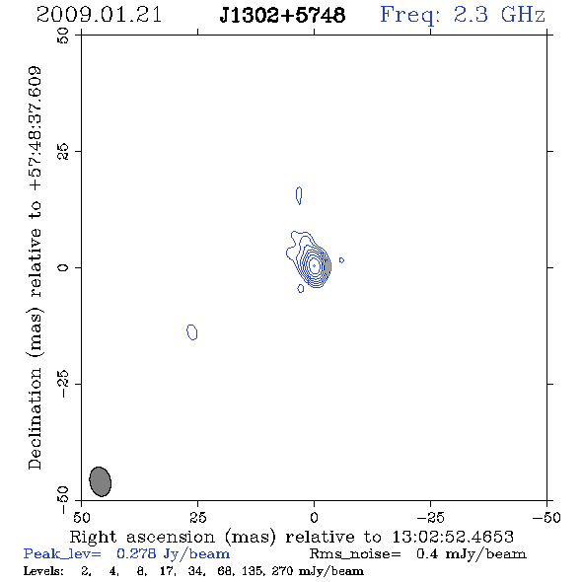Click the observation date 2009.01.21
tap(99, 15)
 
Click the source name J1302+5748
tap(282, 15)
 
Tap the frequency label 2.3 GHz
tap(499, 15)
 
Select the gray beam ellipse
tap(101, 481)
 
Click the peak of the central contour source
tap(315, 265)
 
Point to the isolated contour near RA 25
tap(192, 331)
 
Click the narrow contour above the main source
tap(299, 195)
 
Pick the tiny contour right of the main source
tap(342, 260)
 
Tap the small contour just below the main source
tap(301, 288)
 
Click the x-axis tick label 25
tap(198, 518)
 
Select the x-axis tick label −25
tap(431, 518)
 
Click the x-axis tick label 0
tap(314, 518)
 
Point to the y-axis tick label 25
tap(63, 152)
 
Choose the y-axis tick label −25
tap(63, 384)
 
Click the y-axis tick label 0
tap(63, 267)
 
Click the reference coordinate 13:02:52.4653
tap(453, 537)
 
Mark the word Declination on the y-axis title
tap(35, 418)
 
